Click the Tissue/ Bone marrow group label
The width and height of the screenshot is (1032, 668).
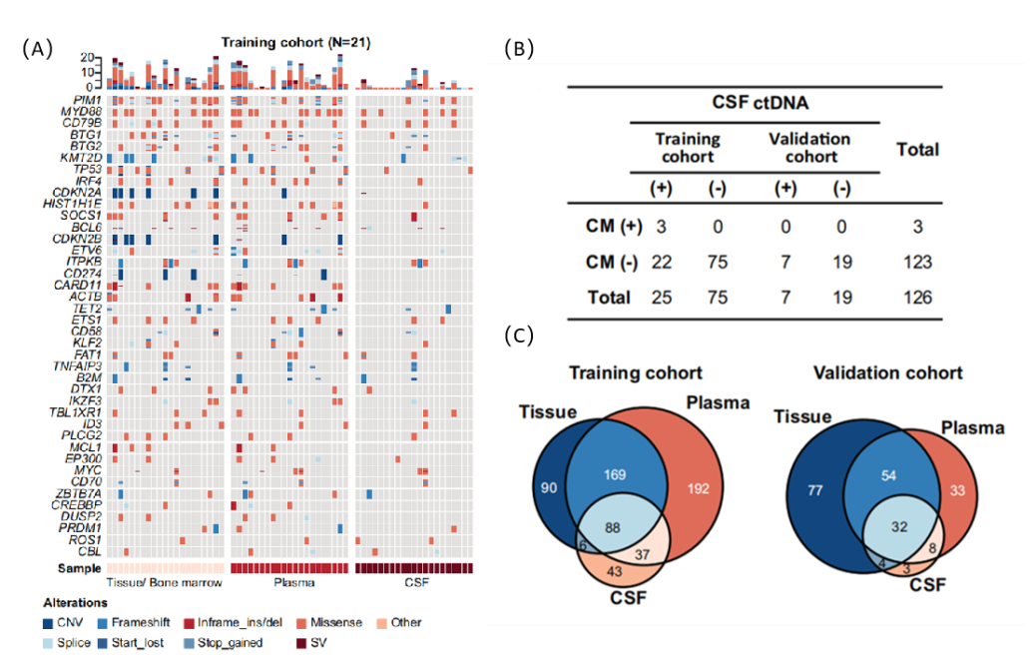[165, 580]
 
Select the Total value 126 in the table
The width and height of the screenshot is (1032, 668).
[917, 297]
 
